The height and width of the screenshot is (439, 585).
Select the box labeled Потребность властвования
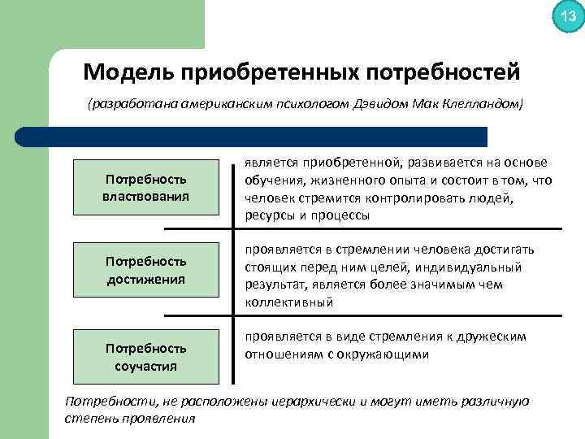point(146,187)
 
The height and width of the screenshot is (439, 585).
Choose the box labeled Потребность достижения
point(146,270)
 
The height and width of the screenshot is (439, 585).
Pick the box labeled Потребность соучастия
point(146,357)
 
